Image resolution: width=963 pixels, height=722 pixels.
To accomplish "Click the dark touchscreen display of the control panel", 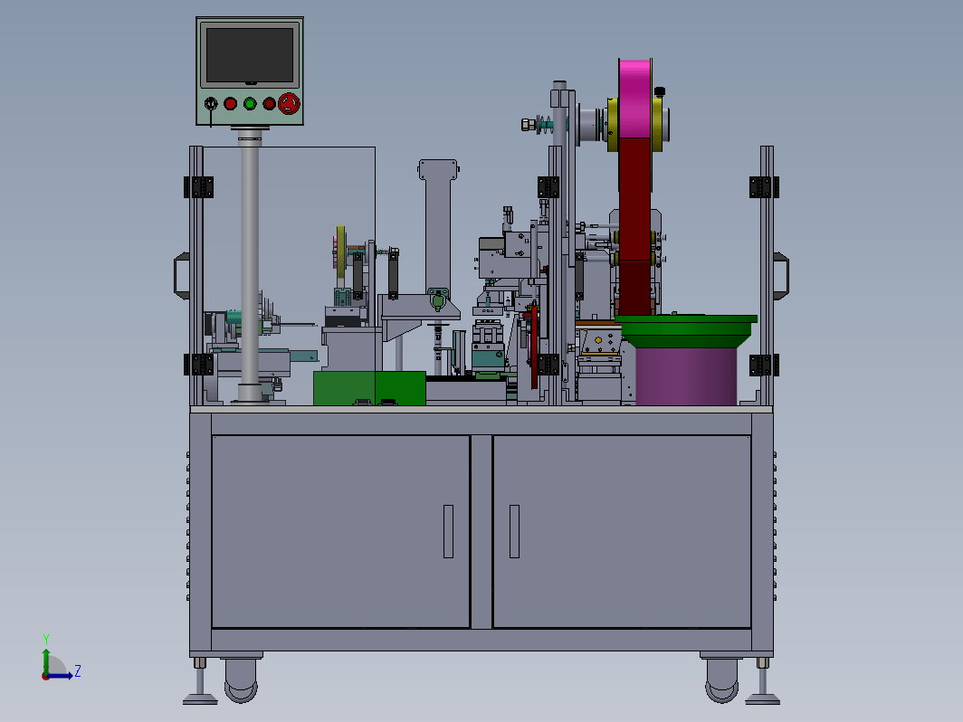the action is click(250, 54).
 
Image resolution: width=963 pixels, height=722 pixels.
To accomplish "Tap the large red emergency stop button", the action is click(289, 104).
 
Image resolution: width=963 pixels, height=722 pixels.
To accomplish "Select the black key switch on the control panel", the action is click(211, 103).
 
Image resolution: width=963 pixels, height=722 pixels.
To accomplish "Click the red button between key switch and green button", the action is click(230, 104).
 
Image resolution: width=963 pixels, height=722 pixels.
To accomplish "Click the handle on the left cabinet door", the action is click(448, 532).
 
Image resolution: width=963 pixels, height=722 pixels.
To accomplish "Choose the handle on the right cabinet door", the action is click(515, 532).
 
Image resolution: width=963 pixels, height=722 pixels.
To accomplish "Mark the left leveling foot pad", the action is click(200, 698).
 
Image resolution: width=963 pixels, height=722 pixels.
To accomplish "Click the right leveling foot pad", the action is click(763, 698).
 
